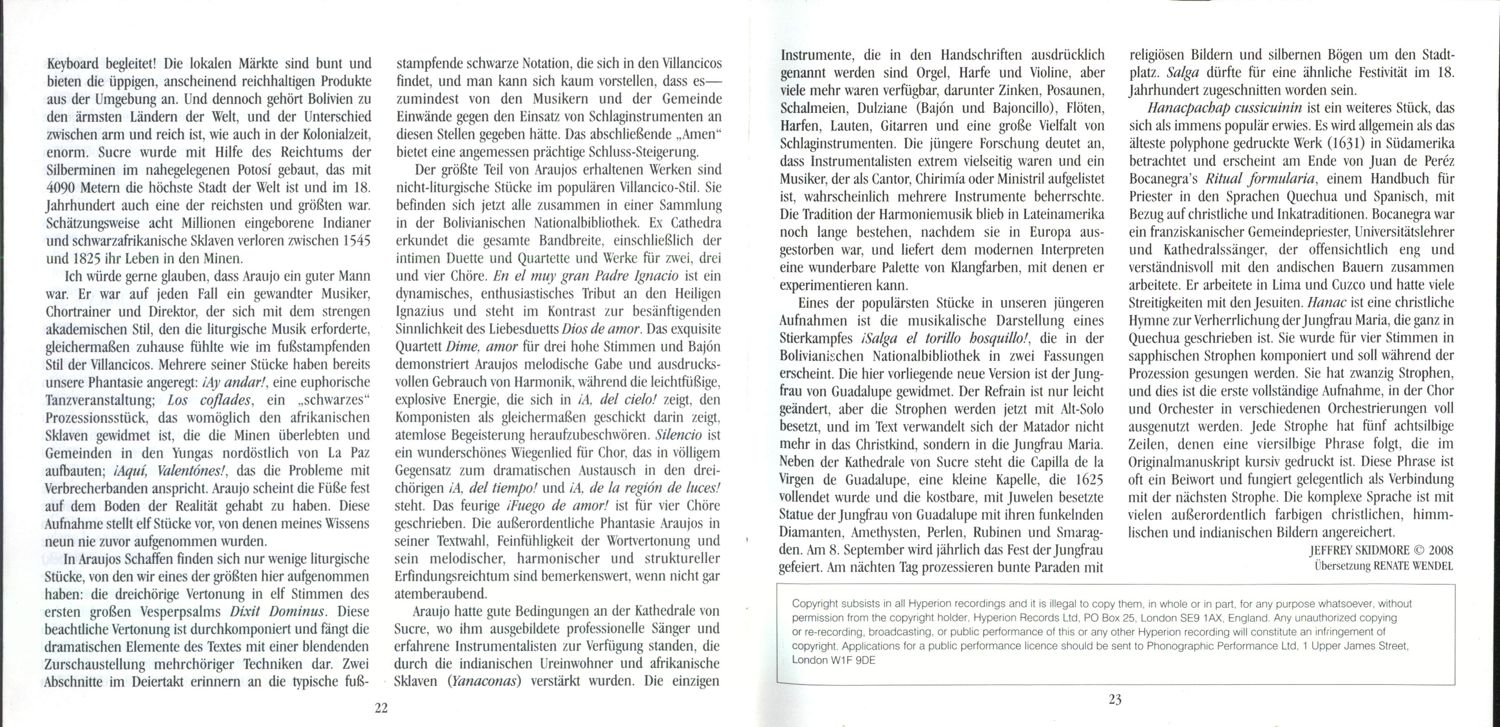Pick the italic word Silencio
click(x=680, y=435)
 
